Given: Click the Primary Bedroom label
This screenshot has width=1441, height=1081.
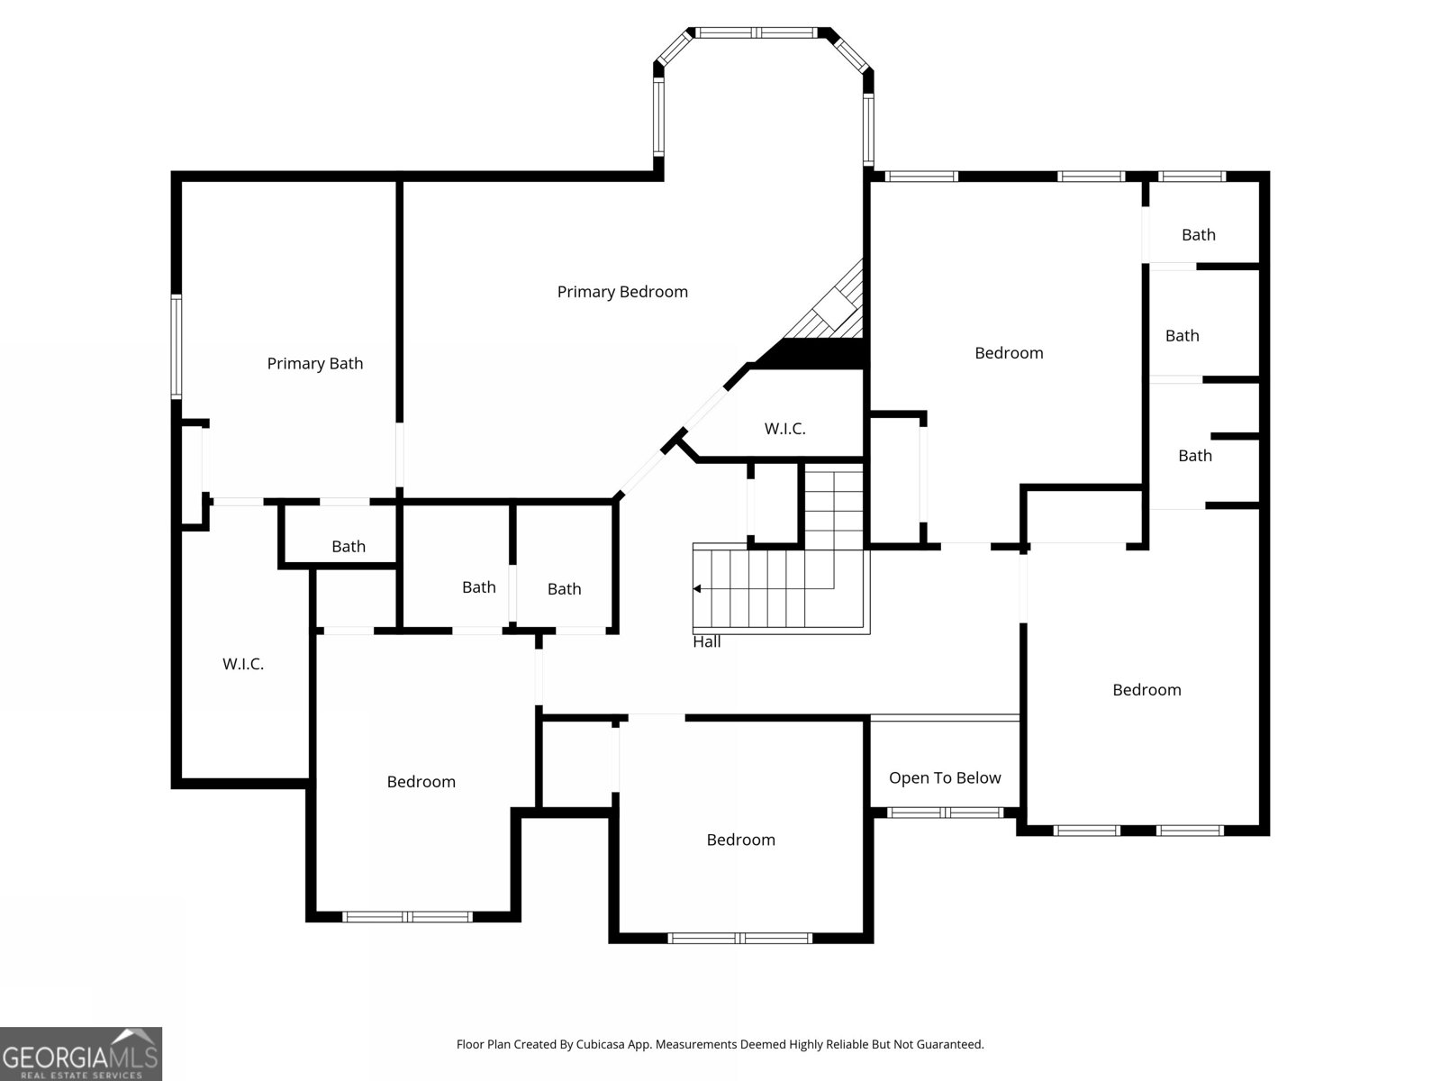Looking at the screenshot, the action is point(622,292).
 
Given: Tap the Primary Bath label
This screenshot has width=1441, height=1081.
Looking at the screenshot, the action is point(315,364).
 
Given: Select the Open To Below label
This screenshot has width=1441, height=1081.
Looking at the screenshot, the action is point(945,777).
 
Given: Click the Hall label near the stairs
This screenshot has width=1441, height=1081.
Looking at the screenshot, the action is point(706,642).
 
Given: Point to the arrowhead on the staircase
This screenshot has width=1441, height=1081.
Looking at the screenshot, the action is point(697,589).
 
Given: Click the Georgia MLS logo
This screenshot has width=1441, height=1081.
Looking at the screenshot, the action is point(80,1053).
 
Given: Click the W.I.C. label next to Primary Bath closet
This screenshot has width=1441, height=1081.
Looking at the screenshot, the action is point(243,664).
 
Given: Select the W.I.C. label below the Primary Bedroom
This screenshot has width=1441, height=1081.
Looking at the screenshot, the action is point(784,430).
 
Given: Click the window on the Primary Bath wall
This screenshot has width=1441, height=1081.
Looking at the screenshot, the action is point(176,347).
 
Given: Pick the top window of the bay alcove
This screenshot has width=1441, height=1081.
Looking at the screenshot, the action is point(757,32).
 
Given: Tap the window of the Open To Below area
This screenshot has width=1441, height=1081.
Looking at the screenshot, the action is point(946,813).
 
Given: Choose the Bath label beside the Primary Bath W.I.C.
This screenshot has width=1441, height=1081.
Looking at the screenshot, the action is point(348,547).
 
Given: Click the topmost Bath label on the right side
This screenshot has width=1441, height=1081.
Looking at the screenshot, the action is point(1198,235).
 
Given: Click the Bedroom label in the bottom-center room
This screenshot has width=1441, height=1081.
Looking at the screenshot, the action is point(740,840).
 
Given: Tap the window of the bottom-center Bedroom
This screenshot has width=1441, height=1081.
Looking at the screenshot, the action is point(740,939).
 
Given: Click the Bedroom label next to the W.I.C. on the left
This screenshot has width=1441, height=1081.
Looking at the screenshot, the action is point(421,782).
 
